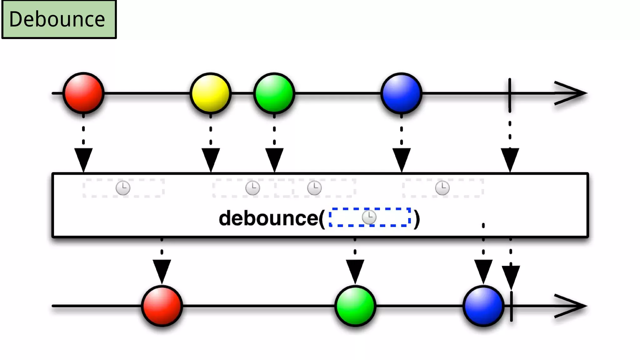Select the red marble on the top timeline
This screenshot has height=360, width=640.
pos(83,93)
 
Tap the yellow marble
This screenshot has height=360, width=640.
pos(211,93)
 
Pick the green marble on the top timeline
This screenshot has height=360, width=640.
pos(274,93)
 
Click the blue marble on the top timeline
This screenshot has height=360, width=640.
pos(402,93)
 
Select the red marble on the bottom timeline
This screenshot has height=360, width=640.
pos(162,306)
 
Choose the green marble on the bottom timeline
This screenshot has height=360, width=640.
pos(355,306)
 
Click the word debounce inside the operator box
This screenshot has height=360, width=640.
pos(268,218)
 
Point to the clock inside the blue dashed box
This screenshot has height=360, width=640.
pos(369,217)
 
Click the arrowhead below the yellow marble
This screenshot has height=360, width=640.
pos(211,159)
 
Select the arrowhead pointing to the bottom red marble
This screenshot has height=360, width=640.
pos(162,271)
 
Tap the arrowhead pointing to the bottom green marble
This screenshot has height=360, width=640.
pos(355,271)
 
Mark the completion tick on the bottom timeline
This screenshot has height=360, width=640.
pos(511,306)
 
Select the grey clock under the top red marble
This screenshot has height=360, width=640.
pos(123,188)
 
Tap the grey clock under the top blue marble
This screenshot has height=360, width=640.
pos(442,188)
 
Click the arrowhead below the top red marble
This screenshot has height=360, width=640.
pos(83,159)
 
